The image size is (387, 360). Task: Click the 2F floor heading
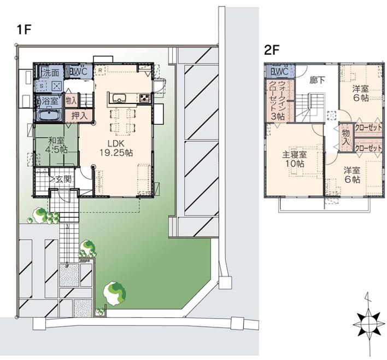click(x=272, y=51)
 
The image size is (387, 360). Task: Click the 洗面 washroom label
click(x=51, y=72)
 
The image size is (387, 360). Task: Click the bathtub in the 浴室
click(x=50, y=116)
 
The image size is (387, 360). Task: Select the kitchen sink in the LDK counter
click(x=120, y=98)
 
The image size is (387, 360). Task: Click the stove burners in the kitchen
click(x=144, y=98)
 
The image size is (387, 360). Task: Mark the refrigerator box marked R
click(x=101, y=71)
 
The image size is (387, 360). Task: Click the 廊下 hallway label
click(x=317, y=80)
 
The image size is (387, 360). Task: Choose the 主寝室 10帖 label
click(x=294, y=159)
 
